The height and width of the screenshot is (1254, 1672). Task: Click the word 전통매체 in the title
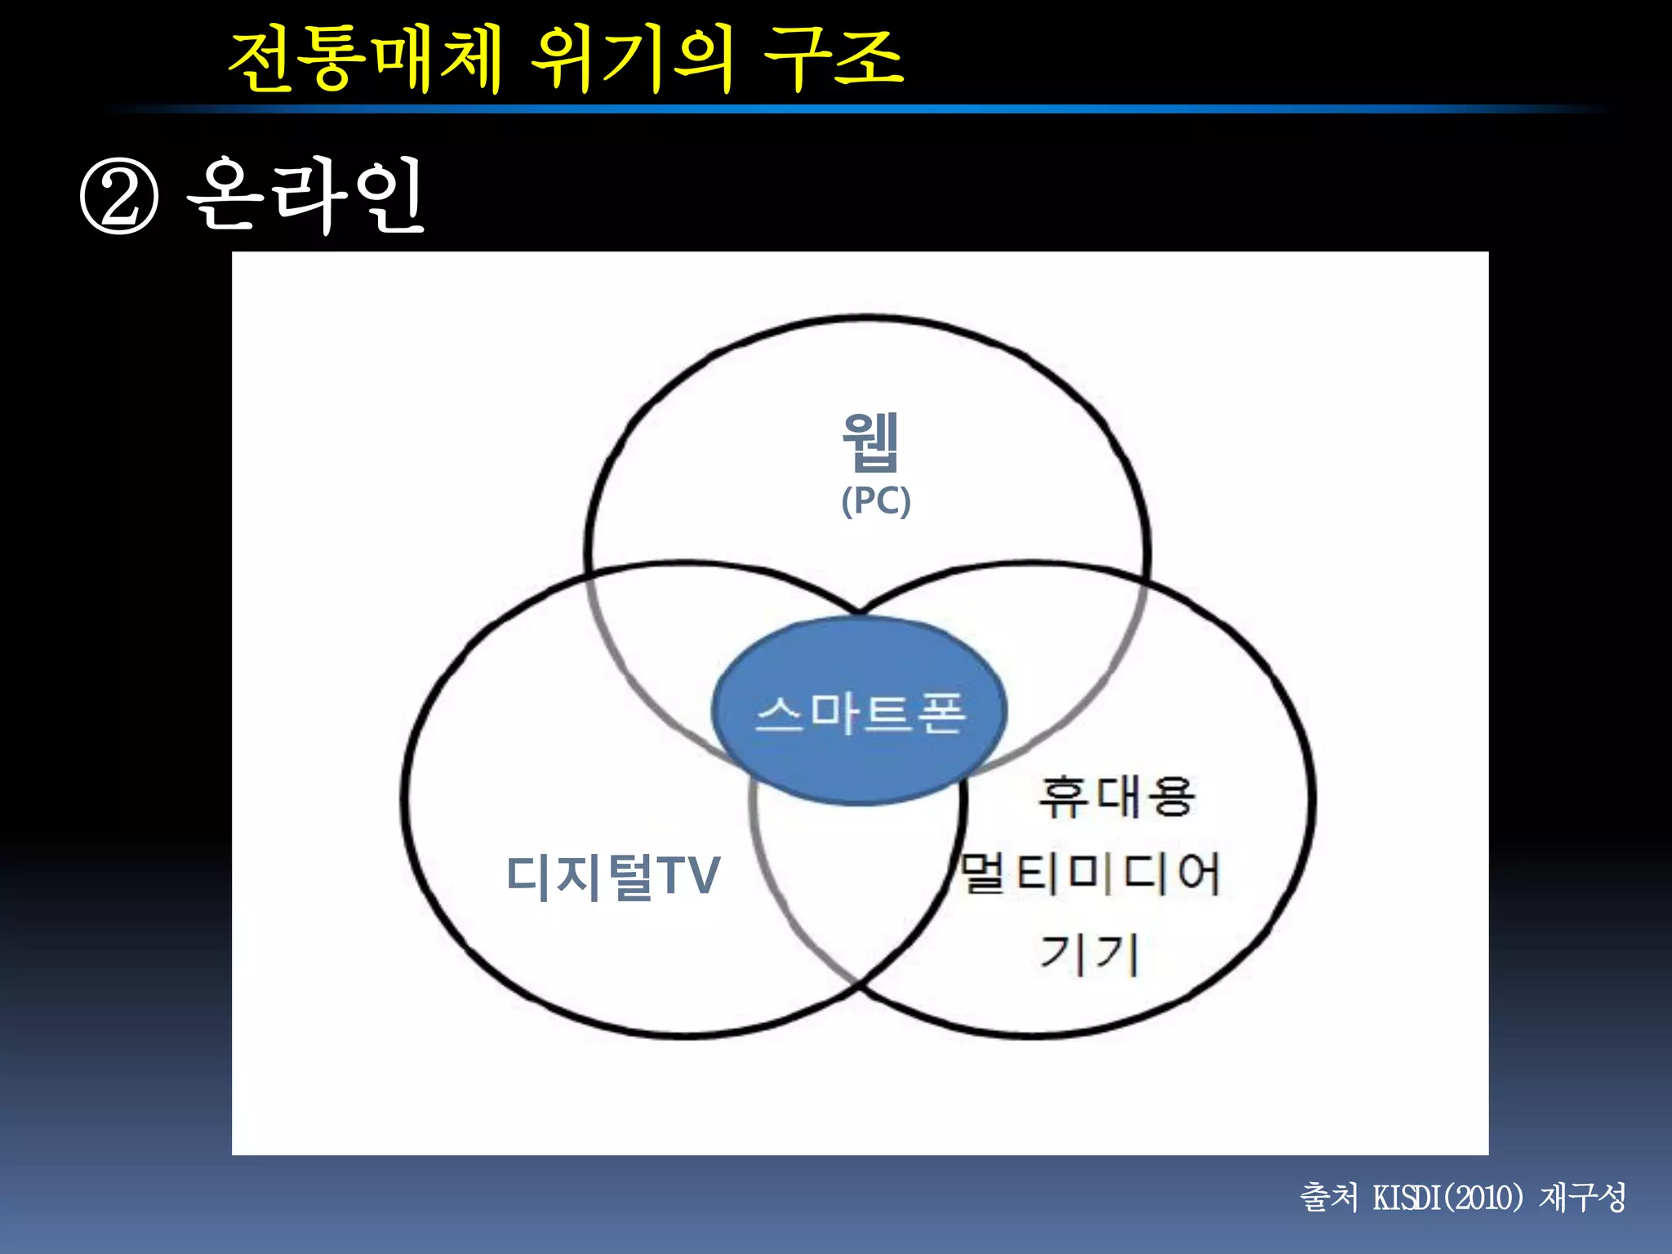point(365,59)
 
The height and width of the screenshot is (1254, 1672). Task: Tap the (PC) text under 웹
point(876,500)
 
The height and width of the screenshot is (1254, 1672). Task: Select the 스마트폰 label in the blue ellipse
point(860,714)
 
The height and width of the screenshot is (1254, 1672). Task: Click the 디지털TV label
point(613,877)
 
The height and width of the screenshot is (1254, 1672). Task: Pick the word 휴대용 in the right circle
point(1117,798)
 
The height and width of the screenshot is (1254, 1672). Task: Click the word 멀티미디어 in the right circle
point(1090,874)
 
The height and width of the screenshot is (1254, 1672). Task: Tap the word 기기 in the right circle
point(1089,953)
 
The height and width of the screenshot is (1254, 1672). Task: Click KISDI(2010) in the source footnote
point(1448,1198)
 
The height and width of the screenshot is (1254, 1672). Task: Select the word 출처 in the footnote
point(1328,1198)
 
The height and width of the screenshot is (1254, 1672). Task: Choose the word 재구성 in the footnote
point(1582,1198)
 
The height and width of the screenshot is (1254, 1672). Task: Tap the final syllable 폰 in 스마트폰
point(941,714)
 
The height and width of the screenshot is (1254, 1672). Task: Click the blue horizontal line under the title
point(857,109)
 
